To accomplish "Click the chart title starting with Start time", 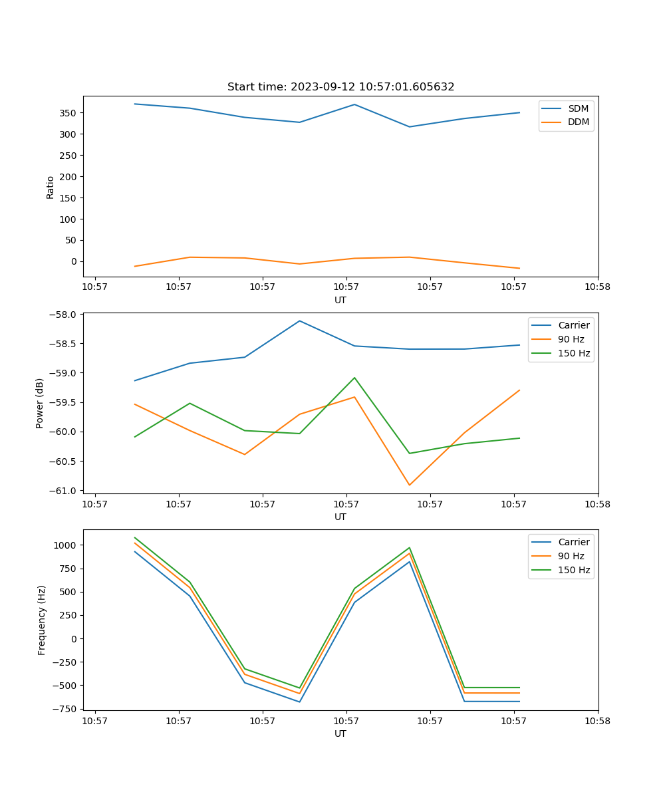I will pyautogui.click(x=340, y=87).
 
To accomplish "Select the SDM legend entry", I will pyautogui.click(x=578, y=108).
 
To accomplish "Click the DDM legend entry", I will pyautogui.click(x=578, y=122).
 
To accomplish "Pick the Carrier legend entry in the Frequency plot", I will pyautogui.click(x=573, y=542).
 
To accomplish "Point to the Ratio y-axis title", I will pyautogui.click(x=50, y=187).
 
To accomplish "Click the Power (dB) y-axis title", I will pyautogui.click(x=40, y=403).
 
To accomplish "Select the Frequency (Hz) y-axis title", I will pyautogui.click(x=41, y=620).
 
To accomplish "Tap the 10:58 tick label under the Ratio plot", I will pyautogui.click(x=597, y=288).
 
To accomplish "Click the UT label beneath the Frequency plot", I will pyautogui.click(x=340, y=733).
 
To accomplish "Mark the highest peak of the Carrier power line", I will pyautogui.click(x=299, y=321).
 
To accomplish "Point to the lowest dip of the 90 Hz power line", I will pyautogui.click(x=409, y=485).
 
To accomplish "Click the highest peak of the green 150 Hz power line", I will pyautogui.click(x=354, y=378).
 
